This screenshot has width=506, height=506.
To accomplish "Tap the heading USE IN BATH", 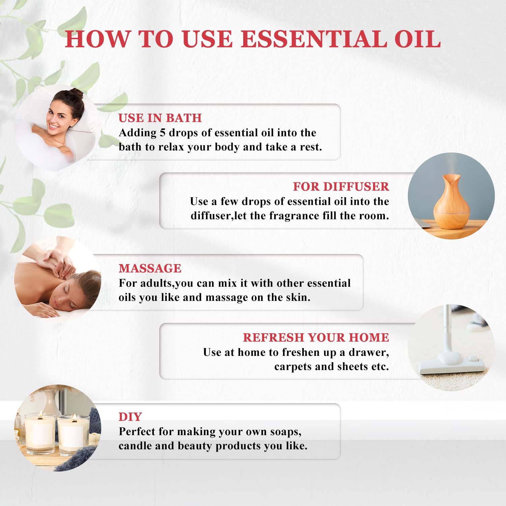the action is coord(160,118).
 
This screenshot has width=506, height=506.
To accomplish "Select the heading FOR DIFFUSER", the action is coord(341,187).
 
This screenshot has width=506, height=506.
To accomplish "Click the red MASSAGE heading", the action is coord(150,268).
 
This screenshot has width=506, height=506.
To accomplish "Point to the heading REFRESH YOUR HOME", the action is coord(316,337).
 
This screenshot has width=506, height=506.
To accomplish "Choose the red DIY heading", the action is coord(130,417).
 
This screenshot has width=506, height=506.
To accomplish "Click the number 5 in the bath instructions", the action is coord(162,133).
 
